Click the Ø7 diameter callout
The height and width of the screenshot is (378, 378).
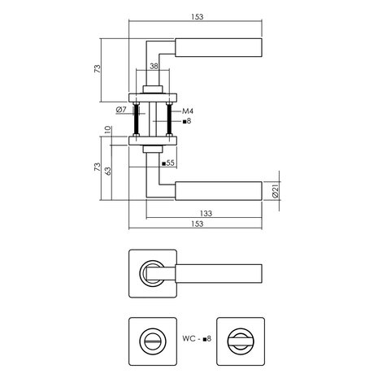[x=120, y=109]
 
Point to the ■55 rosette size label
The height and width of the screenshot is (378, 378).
[x=169, y=163]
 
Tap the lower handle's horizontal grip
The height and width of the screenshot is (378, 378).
[x=218, y=190]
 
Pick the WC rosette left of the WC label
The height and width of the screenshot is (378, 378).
[x=151, y=335]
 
